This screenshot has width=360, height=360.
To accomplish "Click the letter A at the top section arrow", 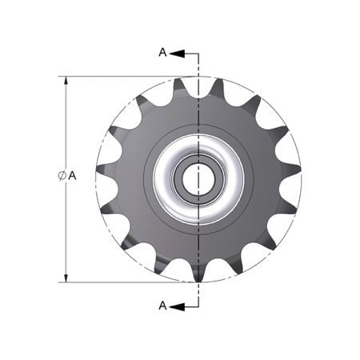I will coord(162,53).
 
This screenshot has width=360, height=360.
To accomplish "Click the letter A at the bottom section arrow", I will coord(162,305).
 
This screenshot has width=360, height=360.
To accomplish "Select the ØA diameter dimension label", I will coord(66,175).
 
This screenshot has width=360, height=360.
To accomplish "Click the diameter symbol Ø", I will coord(62,175).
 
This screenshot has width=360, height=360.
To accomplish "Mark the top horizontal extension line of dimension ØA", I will coord(120,77).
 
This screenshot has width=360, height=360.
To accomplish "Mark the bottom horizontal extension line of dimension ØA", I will coord(120,282).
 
